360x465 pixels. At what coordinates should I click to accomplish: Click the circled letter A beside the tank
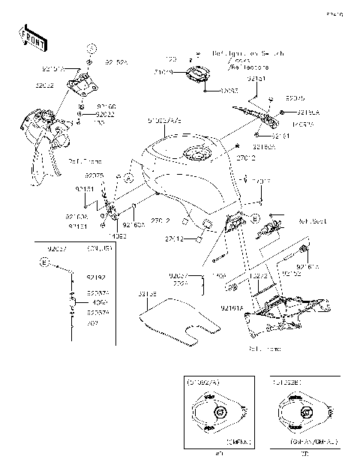(127, 178)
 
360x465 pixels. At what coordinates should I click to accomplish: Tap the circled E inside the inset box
(45, 262)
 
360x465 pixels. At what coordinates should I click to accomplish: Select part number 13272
(259, 275)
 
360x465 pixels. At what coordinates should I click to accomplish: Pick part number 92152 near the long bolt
(292, 275)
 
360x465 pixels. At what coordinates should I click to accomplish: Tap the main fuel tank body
(187, 172)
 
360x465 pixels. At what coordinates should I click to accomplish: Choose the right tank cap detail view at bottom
(305, 413)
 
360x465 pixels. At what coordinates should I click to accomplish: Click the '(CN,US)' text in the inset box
(100, 247)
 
